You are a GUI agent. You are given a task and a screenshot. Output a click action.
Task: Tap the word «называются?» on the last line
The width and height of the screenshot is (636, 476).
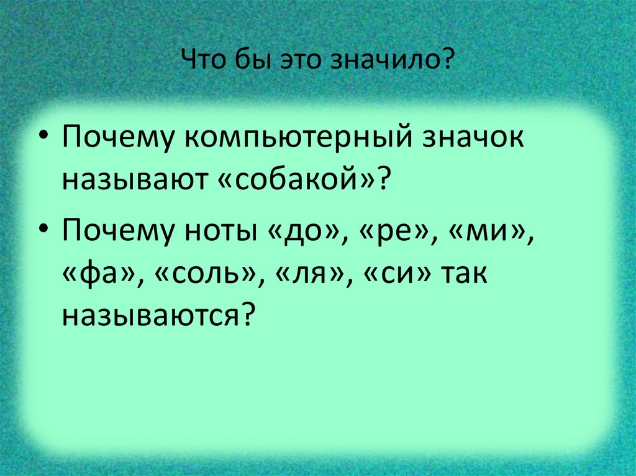point(158,315)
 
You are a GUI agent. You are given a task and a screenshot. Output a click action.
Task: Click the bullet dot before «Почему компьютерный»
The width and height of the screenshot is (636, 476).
point(45,138)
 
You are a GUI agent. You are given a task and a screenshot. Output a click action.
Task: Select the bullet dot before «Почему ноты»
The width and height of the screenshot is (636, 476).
point(45,232)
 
